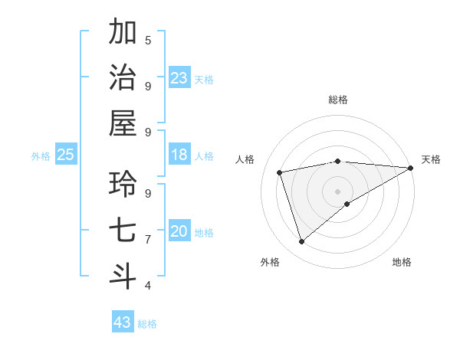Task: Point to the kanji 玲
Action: point(123,184)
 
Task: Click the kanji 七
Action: point(123,230)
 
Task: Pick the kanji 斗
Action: point(123,276)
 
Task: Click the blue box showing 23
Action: point(179,78)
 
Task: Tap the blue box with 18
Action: point(179,155)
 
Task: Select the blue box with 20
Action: point(179,231)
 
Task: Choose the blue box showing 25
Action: point(66,155)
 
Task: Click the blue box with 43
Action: point(123,322)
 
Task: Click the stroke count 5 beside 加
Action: point(148,40)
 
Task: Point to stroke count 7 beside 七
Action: point(148,239)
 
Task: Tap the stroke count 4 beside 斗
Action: point(148,285)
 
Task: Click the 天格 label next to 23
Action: point(204,80)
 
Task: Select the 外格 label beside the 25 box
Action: point(41,156)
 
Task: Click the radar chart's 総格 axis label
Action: point(337,100)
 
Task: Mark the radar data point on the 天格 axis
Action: point(411,168)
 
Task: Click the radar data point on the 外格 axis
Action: point(301,242)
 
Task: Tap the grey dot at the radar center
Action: point(337,191)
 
